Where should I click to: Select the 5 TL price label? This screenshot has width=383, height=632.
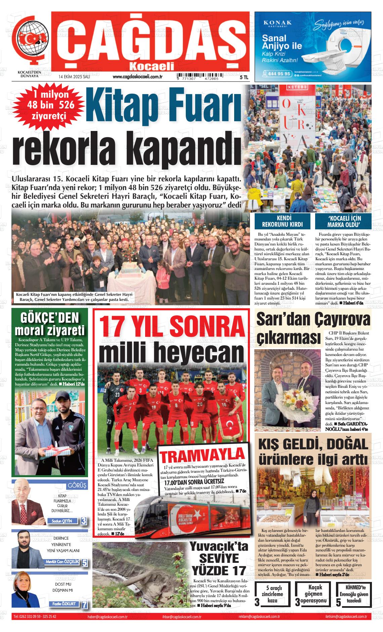coord(244,77)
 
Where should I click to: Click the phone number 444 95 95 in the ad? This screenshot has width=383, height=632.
coord(280,74)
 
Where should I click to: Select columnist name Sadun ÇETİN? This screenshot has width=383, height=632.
coord(63,521)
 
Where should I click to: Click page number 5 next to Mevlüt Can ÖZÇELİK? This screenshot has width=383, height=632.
coord(84,563)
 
